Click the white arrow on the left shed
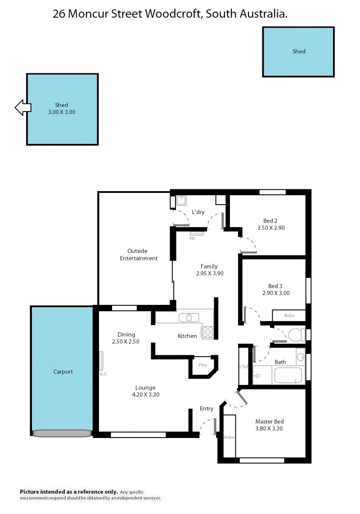(23, 107)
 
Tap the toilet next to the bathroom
(297, 335)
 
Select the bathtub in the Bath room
(288, 375)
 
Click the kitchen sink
(189, 317)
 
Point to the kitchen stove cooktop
(207, 332)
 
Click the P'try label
(203, 365)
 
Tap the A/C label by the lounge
(103, 374)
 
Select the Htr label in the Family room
(192, 238)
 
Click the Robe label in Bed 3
(289, 315)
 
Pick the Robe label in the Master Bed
(229, 437)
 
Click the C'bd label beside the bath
(244, 367)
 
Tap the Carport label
(63, 372)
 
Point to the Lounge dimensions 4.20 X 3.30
(146, 395)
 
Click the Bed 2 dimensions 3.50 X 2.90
(271, 228)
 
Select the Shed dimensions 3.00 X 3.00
(62, 112)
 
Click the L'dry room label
(198, 212)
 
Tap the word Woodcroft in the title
(174, 14)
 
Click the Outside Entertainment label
(139, 255)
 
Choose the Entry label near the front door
(207, 408)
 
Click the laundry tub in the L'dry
(181, 201)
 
